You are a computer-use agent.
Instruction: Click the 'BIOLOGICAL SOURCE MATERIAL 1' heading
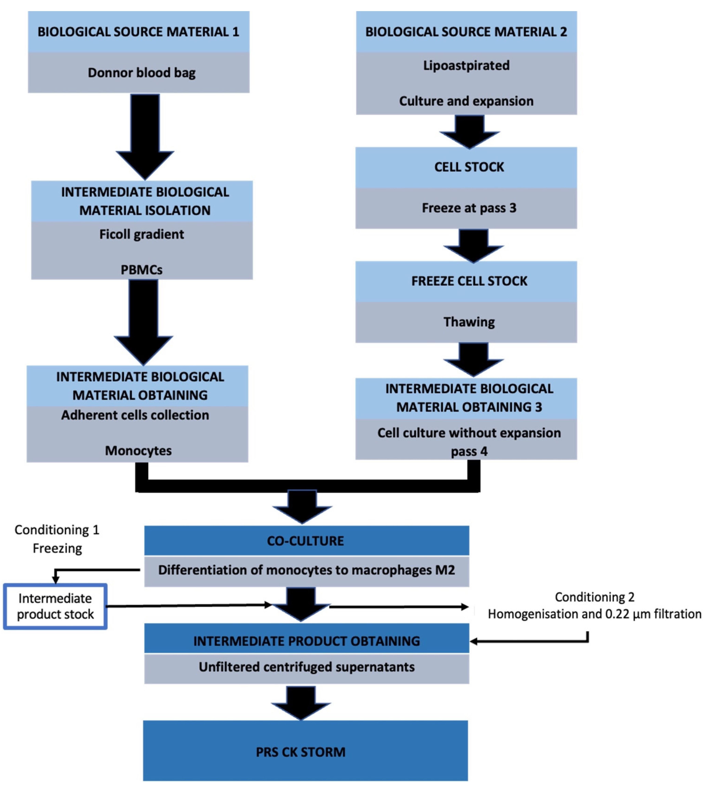click(138, 32)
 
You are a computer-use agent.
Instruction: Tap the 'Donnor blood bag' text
click(141, 73)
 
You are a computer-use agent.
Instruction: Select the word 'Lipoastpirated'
click(466, 65)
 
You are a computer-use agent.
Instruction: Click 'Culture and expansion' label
click(466, 101)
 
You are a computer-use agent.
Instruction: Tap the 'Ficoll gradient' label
click(141, 234)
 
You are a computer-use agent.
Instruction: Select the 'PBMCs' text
click(141, 270)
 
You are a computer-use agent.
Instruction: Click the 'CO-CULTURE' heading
click(305, 541)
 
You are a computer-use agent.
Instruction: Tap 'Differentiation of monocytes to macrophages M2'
click(306, 570)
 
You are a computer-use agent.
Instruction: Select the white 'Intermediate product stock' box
click(55, 606)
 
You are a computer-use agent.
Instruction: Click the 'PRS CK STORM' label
click(301, 752)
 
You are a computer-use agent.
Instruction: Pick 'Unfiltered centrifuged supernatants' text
click(306, 667)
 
